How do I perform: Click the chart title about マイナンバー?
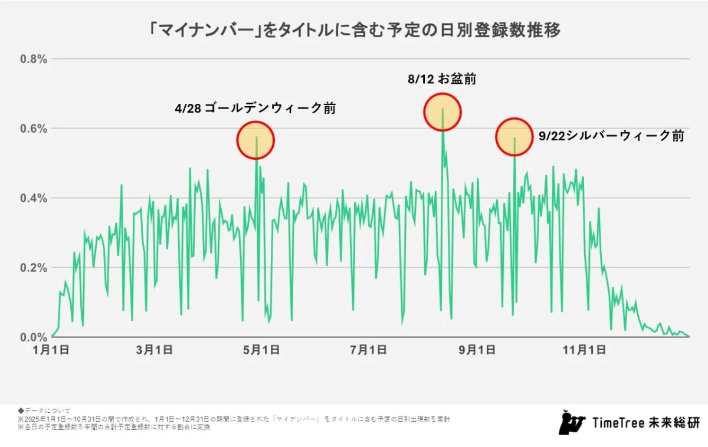(x=353, y=29)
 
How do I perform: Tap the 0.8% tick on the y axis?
(x=34, y=59)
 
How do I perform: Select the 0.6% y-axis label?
(x=34, y=129)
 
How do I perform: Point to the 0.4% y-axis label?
(x=34, y=198)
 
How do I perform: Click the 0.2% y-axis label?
(x=34, y=268)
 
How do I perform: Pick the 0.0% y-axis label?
(x=34, y=337)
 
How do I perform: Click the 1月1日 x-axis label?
(x=52, y=350)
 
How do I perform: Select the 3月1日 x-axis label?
(x=154, y=350)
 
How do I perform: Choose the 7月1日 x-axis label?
(x=368, y=350)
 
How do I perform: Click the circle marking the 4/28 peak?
(x=256, y=140)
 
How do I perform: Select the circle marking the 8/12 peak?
(x=442, y=111)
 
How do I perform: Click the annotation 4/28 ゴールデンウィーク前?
(x=255, y=109)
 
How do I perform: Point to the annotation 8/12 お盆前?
(x=441, y=79)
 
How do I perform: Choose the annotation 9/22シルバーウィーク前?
(x=611, y=136)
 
